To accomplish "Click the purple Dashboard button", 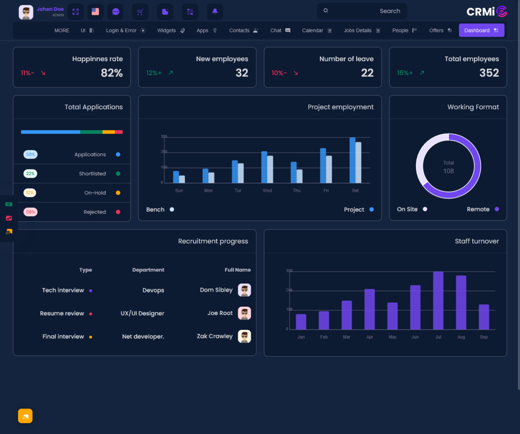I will pos(481,31).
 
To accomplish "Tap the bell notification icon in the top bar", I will pos(215,11).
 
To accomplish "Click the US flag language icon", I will pos(95,11).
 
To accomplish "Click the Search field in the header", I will pos(362,11).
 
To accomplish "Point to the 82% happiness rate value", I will pos(112,73).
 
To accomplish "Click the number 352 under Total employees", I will pos(489,73).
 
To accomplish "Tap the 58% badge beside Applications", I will pos(30,155).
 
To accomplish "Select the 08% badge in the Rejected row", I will pos(30,212).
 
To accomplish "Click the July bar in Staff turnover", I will pos(438,300).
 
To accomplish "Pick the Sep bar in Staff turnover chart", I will pos(483,316).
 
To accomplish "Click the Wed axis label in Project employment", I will pos(267,191).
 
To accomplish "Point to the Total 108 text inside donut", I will pos(448,167).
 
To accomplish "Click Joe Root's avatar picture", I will pos(244,313).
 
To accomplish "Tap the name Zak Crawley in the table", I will pos(215,336).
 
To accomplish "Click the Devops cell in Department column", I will pos(153,291).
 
